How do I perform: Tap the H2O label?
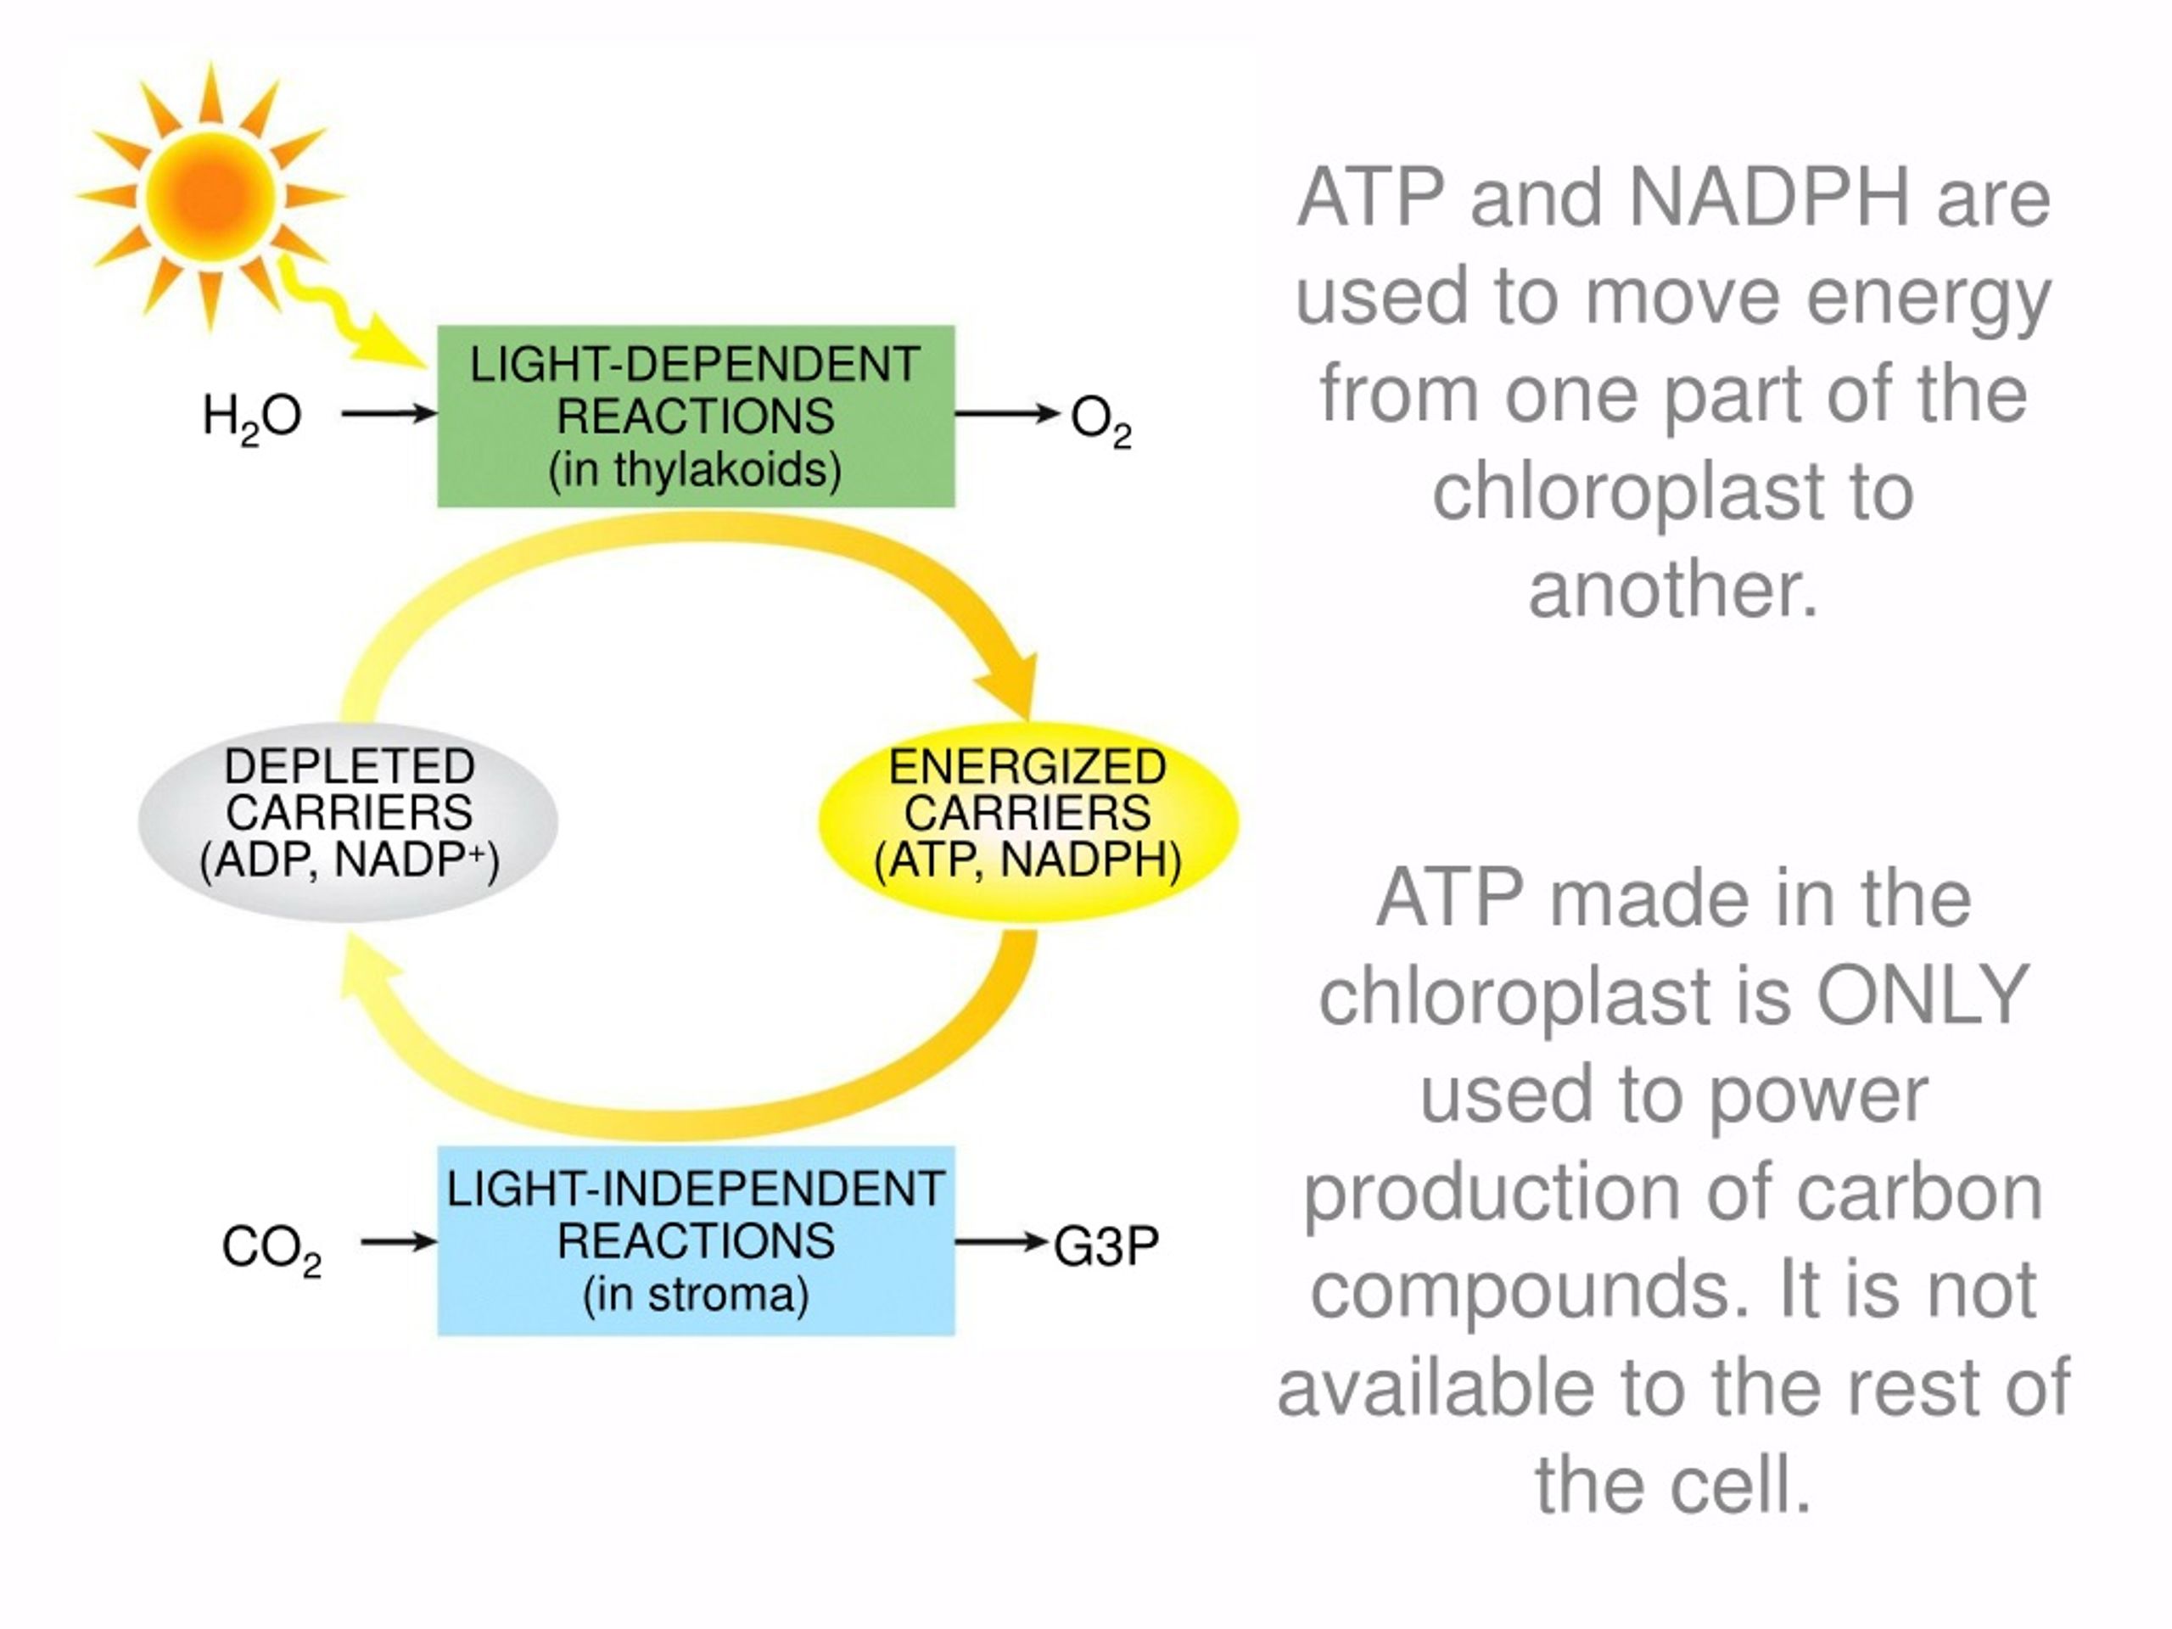[251, 418]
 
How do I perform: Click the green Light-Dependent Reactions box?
[695, 417]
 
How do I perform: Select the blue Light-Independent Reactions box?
[695, 1241]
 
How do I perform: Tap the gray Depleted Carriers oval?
[348, 821]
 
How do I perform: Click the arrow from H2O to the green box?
[389, 413]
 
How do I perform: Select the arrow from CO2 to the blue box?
[399, 1242]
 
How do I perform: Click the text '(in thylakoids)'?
[695, 470]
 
